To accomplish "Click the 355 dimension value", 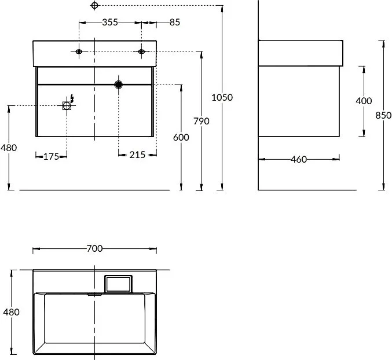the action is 110,22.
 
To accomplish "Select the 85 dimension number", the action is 175,22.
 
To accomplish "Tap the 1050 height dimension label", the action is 222,97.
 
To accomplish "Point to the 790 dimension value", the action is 202,121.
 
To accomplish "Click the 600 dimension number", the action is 181,137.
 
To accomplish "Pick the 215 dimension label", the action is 137,155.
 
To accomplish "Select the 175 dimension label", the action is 52,157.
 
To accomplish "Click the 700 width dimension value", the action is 94,248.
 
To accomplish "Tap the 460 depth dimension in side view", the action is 299,159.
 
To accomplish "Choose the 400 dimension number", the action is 364,101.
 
